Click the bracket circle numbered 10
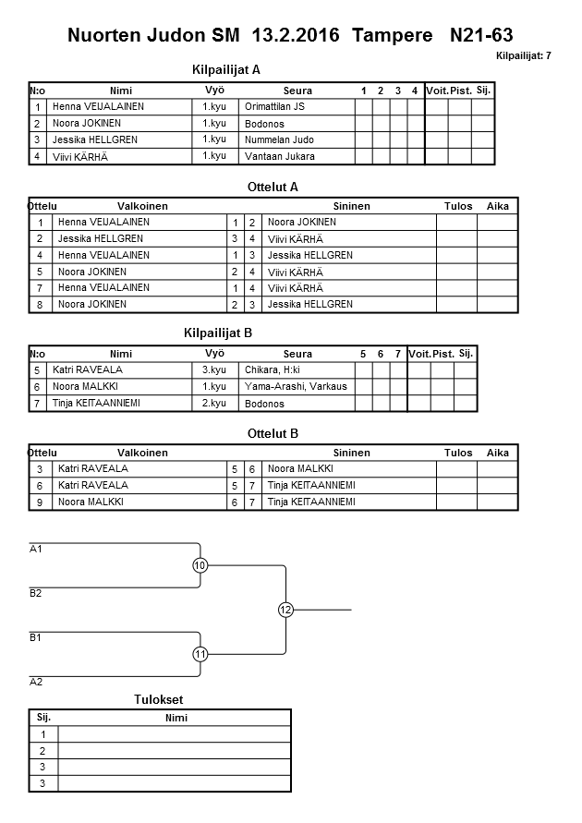pyautogui.click(x=200, y=565)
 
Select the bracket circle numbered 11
pyautogui.click(x=200, y=654)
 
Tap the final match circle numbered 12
pyautogui.click(x=285, y=610)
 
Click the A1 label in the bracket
pyautogui.click(x=36, y=549)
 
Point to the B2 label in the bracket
pyautogui.click(x=36, y=593)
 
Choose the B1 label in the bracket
pyautogui.click(x=36, y=637)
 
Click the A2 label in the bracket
pyautogui.click(x=36, y=682)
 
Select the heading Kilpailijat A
pyautogui.click(x=226, y=69)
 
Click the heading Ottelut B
pyautogui.click(x=273, y=433)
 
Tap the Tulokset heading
pyautogui.click(x=160, y=700)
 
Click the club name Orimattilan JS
pyautogui.click(x=274, y=107)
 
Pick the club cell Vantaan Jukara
pyautogui.click(x=279, y=157)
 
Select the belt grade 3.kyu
pyautogui.click(x=214, y=369)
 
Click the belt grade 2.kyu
pyautogui.click(x=214, y=403)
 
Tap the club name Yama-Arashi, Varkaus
pyautogui.click(x=296, y=386)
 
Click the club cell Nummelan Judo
pyautogui.click(x=279, y=140)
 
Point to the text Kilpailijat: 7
pyautogui.click(x=523, y=56)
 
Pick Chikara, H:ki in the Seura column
pyautogui.click(x=275, y=369)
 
